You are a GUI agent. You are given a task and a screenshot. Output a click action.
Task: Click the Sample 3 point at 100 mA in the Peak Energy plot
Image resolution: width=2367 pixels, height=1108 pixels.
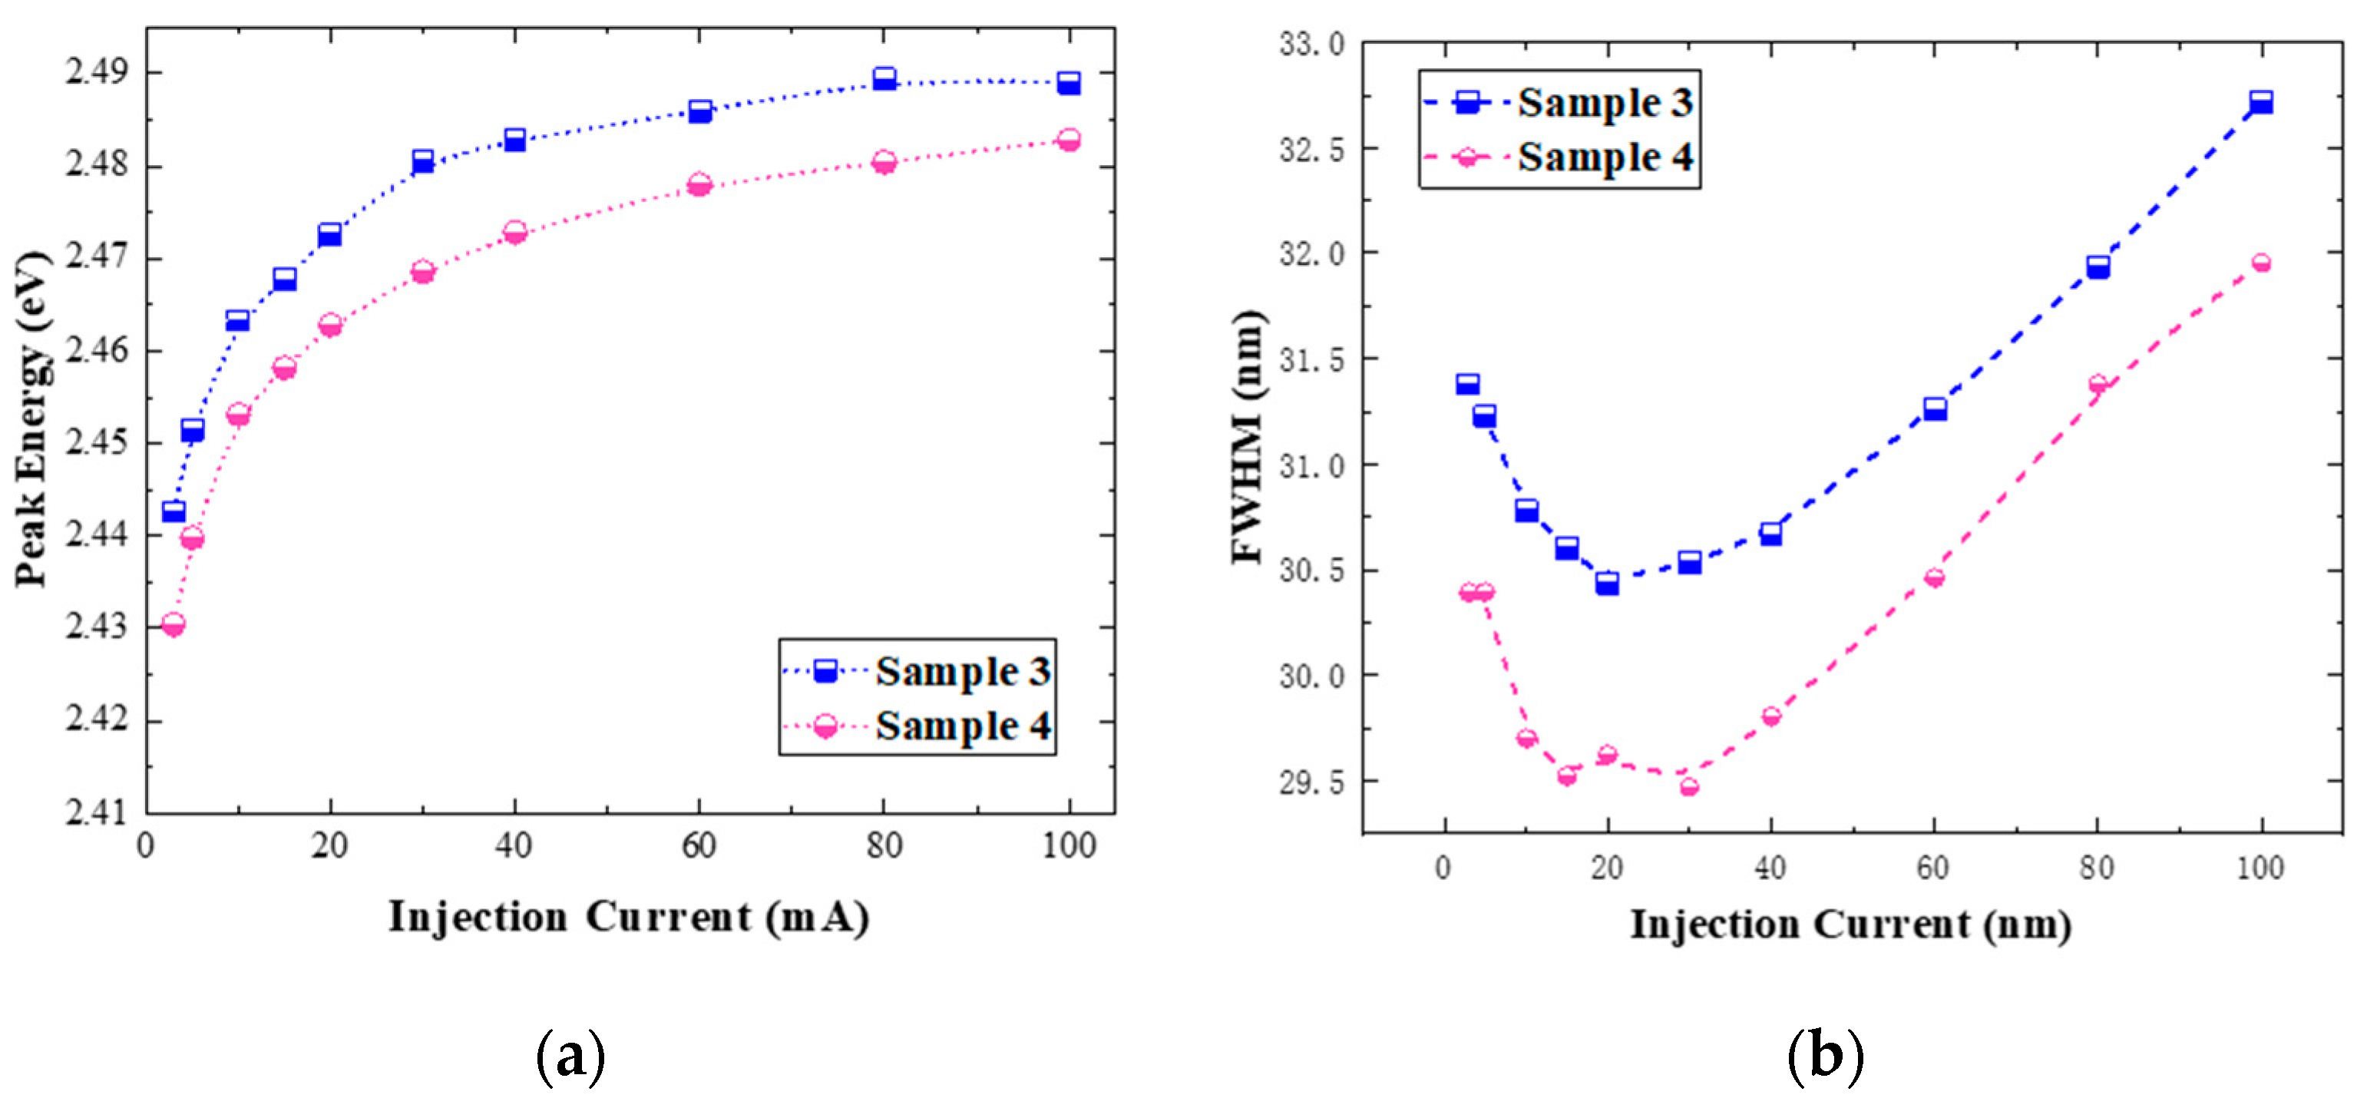coord(1068,83)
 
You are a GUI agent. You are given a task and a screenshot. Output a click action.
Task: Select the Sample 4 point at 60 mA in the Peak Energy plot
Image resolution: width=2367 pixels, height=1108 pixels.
coord(699,184)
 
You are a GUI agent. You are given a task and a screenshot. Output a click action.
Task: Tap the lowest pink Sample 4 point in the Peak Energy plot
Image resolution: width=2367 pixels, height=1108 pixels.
coord(173,625)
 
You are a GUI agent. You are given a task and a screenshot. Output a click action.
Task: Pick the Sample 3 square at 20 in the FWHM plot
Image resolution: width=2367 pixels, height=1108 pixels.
coord(1607,583)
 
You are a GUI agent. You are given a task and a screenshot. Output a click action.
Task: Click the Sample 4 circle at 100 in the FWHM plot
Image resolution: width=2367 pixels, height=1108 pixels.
coord(2261,263)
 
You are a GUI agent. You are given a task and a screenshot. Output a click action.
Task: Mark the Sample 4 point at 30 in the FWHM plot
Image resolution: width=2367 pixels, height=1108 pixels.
coord(1689,786)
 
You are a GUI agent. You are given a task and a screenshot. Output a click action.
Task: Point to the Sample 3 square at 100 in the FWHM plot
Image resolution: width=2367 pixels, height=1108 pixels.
coord(2261,102)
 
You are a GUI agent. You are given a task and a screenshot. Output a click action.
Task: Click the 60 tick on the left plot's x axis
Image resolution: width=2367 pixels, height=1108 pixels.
coord(699,845)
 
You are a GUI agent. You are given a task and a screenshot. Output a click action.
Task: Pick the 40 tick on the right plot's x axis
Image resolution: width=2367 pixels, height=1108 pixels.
coord(1770,868)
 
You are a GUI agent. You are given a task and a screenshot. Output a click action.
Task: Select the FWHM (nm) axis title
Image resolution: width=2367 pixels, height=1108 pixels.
coord(1247,436)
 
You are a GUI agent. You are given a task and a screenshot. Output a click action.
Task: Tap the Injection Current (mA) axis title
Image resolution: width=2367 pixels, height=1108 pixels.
coord(629,917)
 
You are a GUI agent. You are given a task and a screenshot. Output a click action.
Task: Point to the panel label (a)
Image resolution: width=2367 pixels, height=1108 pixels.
coord(570,1057)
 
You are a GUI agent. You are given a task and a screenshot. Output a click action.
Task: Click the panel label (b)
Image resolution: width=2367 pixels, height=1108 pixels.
coord(1826,1057)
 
